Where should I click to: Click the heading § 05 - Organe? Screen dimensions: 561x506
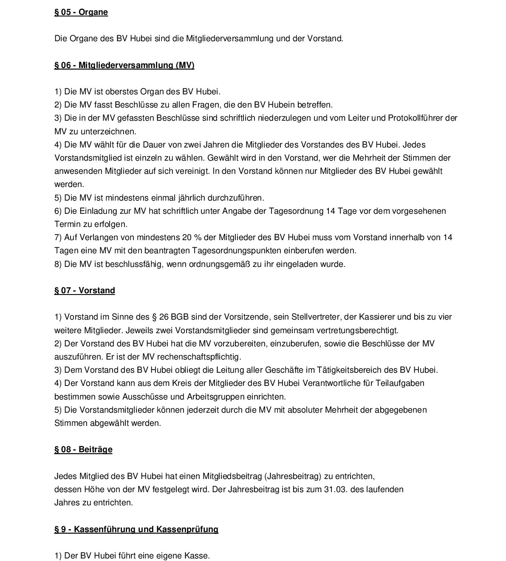point(81,12)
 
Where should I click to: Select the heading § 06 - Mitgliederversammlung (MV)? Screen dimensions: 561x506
point(124,65)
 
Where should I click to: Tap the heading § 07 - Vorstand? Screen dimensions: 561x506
point(85,291)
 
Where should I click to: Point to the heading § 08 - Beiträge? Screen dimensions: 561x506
point(83,450)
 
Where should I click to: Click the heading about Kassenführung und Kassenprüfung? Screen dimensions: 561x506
point(136,530)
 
